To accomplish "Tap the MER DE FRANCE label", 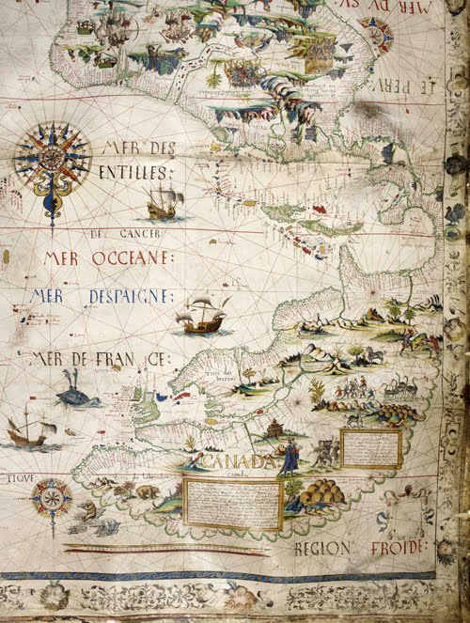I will click(x=99, y=358).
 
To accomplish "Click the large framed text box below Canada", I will click(x=232, y=504).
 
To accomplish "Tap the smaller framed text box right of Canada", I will click(x=370, y=448).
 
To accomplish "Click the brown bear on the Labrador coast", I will click(x=147, y=491).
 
